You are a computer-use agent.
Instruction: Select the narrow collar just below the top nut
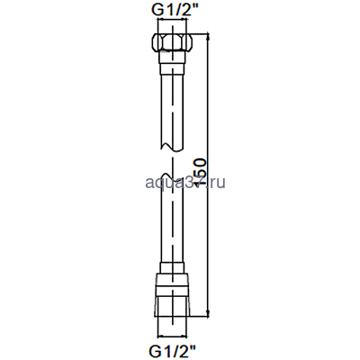(170, 63)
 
